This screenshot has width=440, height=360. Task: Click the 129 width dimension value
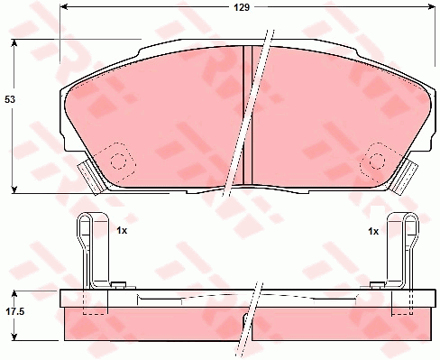[x=242, y=7]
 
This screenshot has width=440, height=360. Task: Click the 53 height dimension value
[x=10, y=99]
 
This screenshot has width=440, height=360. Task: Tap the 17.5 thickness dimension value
[x=15, y=311]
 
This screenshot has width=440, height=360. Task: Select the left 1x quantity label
[x=122, y=231]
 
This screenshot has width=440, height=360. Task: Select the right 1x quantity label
[x=373, y=231]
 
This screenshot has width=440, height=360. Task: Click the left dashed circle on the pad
[x=117, y=162]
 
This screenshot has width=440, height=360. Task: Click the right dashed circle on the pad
[x=377, y=161]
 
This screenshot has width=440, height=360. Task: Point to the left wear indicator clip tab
[x=91, y=178]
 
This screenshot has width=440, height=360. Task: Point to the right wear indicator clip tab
[x=404, y=178]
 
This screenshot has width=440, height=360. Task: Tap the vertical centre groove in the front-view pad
[x=248, y=115]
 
